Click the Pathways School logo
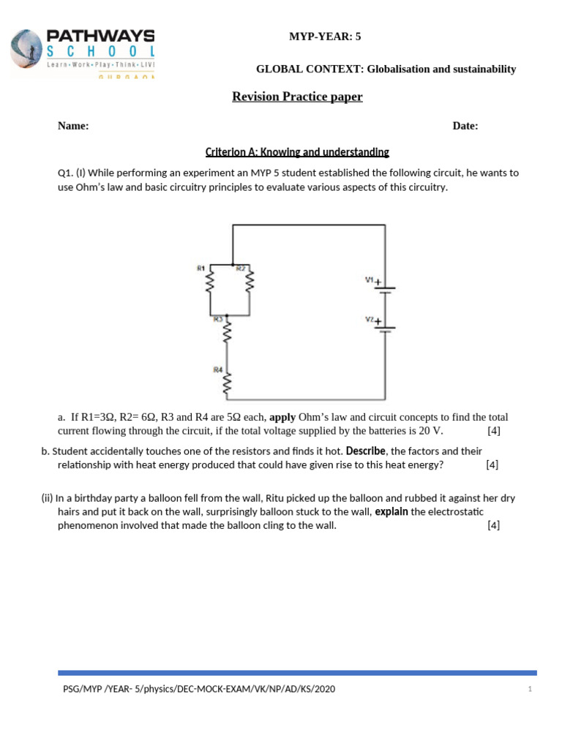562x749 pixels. point(82,53)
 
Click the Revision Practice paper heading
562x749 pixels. point(297,97)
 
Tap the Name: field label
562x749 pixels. point(73,126)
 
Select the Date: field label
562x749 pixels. point(465,126)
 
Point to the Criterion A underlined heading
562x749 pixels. point(297,152)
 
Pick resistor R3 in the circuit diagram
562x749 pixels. point(228,333)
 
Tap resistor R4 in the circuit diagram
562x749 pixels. point(228,382)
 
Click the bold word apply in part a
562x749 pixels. point(282,418)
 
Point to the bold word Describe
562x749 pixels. point(365,451)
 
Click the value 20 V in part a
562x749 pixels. point(430,431)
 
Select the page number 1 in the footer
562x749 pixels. point(529,690)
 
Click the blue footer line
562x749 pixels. point(297,672)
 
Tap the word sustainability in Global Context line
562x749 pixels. point(478,69)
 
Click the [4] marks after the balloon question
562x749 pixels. point(493,525)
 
